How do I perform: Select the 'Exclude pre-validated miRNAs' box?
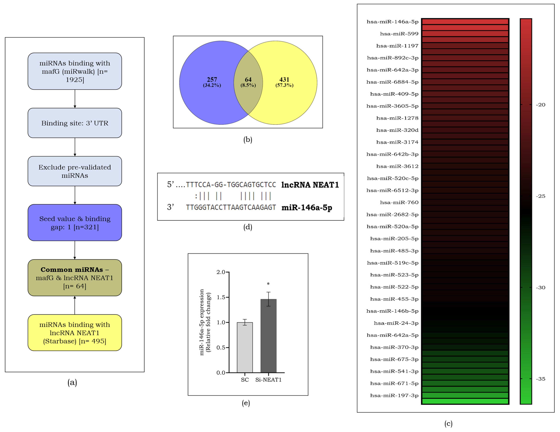75,171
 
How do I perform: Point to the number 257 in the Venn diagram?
212,80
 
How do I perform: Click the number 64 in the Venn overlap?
248,80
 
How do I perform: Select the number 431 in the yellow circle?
284,80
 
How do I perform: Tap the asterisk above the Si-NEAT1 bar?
268,284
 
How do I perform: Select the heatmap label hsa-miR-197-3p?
394,395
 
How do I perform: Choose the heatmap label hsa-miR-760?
399,202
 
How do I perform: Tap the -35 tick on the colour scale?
541,379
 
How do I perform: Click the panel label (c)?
448,424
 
